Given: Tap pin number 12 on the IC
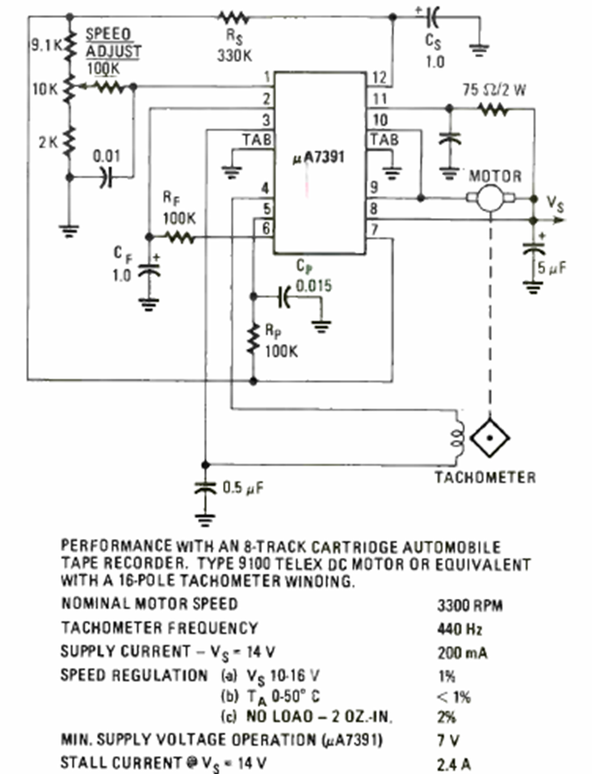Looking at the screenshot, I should pos(380,78).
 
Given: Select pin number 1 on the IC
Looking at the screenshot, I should pos(264,78).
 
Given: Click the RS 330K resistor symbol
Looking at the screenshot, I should pos(235,16).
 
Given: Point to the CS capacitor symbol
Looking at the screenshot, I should pos(435,16).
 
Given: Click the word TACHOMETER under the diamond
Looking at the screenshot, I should pos(485,477).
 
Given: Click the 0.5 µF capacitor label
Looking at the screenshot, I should pos(242,487).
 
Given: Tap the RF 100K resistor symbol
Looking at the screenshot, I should pos(178,237).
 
